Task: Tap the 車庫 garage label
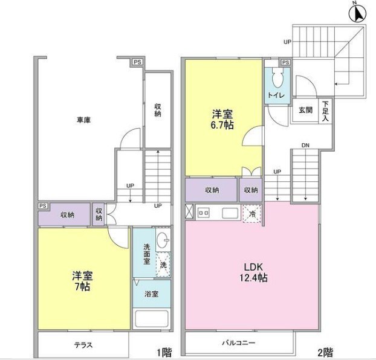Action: (x=83, y=120)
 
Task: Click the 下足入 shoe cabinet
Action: (x=325, y=111)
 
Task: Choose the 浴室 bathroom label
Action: (x=151, y=294)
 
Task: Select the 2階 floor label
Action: (x=325, y=352)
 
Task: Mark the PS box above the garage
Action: (x=137, y=62)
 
